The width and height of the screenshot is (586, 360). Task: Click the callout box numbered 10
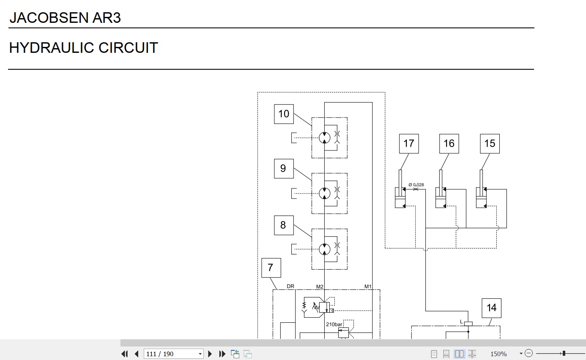point(284,114)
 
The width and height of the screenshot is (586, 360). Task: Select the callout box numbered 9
point(284,169)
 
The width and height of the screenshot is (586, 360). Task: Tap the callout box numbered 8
point(284,225)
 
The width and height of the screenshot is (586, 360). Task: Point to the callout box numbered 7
point(271,268)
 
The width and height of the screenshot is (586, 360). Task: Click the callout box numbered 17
point(409,144)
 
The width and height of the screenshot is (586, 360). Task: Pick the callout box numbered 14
point(492,308)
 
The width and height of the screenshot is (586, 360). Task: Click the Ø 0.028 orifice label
point(416,185)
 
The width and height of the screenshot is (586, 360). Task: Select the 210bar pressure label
point(334,325)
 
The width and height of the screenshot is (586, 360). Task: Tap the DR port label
point(290,286)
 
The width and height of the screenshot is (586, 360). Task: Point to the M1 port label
point(368,286)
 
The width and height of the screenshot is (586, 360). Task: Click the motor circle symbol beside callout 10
point(324,138)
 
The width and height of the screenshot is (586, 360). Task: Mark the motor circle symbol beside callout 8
point(324,249)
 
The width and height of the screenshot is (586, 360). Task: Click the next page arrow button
point(210,354)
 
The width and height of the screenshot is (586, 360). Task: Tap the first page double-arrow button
point(125,354)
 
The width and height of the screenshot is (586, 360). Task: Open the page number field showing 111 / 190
point(173,354)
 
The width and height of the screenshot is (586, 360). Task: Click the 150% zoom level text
point(498,354)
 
